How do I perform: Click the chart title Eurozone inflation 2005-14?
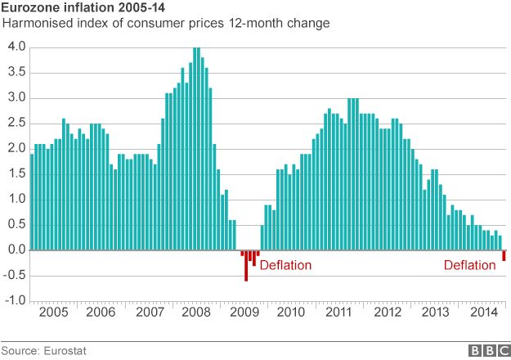coord(78,8)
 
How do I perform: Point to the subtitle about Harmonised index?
coord(167,23)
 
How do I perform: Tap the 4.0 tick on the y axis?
coord(16,47)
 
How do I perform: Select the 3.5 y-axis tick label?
coord(16,73)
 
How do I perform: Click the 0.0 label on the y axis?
coord(16,250)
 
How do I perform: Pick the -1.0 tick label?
coord(14,301)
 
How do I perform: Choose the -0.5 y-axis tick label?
coord(14,276)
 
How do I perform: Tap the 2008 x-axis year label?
coord(197,313)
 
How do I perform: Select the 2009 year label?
coord(244,313)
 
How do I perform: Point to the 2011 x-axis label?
coord(339,313)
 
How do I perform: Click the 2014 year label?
coord(482,313)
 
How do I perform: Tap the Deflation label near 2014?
coord(469,265)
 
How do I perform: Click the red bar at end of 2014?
coord(504,256)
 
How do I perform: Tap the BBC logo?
coord(488,351)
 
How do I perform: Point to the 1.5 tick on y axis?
coord(16,174)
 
